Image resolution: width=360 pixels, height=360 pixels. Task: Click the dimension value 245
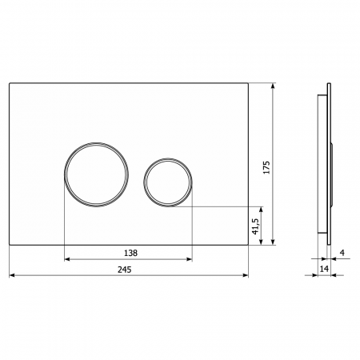[125, 270]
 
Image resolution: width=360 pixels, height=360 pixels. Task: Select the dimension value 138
[130, 253]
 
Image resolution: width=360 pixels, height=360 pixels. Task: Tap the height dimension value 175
[266, 167]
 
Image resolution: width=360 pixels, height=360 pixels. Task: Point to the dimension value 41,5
[255, 226]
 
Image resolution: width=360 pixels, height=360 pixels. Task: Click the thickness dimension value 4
[342, 252]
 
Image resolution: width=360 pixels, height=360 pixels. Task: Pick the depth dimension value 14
[324, 269]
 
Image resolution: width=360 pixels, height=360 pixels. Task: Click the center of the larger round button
[96, 174]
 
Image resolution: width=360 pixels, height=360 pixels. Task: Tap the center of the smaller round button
[168, 182]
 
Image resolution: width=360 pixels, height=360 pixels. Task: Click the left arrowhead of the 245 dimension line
[12, 275]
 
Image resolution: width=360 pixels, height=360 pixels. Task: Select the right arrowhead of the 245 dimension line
[246, 275]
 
